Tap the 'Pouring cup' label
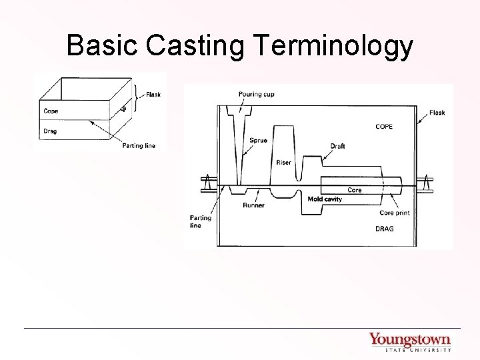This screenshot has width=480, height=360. (x=255, y=95)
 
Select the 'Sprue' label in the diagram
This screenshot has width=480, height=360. (x=259, y=141)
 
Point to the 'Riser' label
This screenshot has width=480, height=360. (x=283, y=163)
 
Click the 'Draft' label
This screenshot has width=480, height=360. (x=337, y=146)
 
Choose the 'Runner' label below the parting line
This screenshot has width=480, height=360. (x=253, y=205)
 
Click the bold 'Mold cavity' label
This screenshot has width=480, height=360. (x=325, y=199)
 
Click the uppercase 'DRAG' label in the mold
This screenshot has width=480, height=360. (x=384, y=229)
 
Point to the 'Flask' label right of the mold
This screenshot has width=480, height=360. (x=437, y=113)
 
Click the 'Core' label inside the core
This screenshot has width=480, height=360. (x=355, y=190)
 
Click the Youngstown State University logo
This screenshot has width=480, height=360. (x=410, y=341)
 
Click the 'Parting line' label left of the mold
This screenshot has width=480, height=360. (x=200, y=221)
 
